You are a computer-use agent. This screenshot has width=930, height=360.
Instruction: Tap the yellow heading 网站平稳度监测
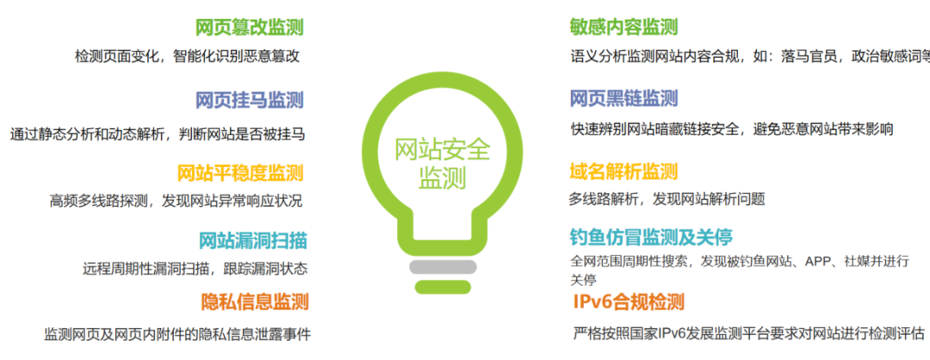click(240, 172)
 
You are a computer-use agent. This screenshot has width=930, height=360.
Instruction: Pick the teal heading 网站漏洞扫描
click(252, 241)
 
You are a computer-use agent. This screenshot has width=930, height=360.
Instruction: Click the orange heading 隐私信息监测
click(255, 301)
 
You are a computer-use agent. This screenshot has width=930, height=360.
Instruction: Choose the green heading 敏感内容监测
click(623, 27)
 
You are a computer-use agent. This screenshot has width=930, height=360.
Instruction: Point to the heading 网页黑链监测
click(623, 98)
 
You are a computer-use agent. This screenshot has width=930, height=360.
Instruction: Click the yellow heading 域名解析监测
click(623, 171)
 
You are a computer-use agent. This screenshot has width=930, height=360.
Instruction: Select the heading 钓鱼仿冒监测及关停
click(651, 237)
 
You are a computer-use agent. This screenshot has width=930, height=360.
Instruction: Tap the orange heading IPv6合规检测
click(629, 302)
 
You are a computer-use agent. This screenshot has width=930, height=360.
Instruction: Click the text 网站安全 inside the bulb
click(443, 150)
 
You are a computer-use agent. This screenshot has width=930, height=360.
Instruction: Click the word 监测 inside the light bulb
click(443, 178)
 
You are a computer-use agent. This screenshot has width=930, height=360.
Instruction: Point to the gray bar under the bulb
click(443, 267)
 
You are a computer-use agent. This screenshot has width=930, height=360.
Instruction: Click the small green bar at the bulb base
click(443, 287)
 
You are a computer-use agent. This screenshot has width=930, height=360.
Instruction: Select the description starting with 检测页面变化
click(188, 56)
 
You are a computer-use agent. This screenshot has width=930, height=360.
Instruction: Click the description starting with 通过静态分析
click(158, 134)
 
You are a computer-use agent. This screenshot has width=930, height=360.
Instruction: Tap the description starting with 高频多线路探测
click(177, 201)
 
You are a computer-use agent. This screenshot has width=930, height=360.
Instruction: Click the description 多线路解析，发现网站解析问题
click(667, 199)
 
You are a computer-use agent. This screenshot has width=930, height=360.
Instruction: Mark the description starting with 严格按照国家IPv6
click(749, 332)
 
